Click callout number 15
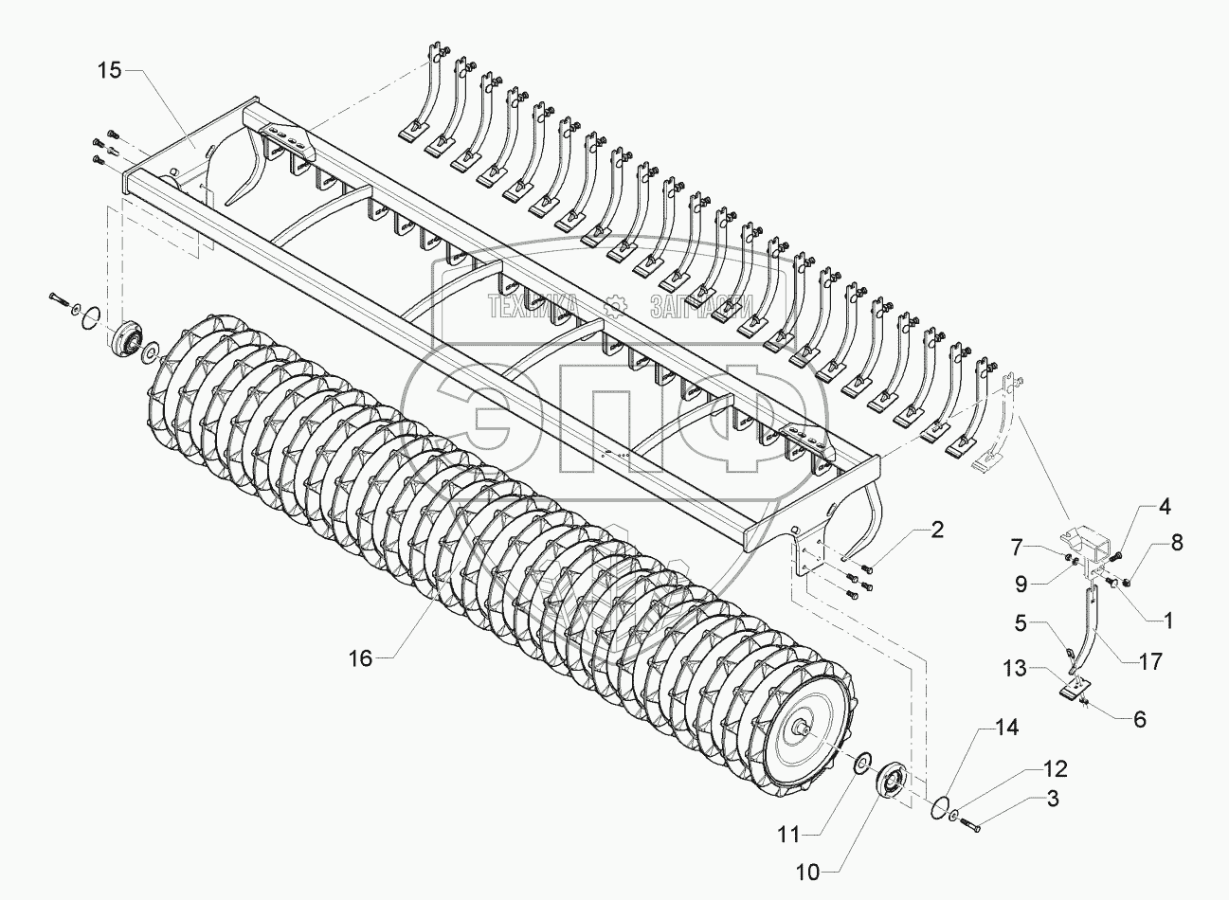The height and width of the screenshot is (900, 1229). [109, 71]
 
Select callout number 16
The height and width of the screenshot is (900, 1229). [360, 658]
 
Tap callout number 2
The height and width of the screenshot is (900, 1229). [937, 530]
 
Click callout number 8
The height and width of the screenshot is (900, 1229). [1177, 543]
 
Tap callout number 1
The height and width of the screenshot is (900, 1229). [1167, 621]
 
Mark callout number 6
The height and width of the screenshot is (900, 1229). [1139, 719]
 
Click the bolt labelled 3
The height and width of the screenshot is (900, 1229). [969, 824]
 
